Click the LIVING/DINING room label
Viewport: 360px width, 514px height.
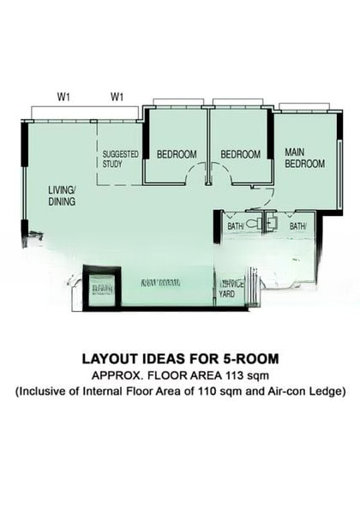[x=62, y=195]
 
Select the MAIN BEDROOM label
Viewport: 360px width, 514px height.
[x=304, y=158]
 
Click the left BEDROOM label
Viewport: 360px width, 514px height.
[x=177, y=154]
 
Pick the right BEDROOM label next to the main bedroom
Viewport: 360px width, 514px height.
[x=240, y=154]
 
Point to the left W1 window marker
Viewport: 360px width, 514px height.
[x=63, y=97]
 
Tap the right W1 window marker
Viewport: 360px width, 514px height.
[x=117, y=97]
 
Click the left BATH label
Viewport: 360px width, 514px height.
[x=235, y=225]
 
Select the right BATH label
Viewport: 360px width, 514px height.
[x=297, y=225]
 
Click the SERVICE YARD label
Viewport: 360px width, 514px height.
[x=231, y=289]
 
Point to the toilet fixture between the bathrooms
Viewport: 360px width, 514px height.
[x=271, y=222]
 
